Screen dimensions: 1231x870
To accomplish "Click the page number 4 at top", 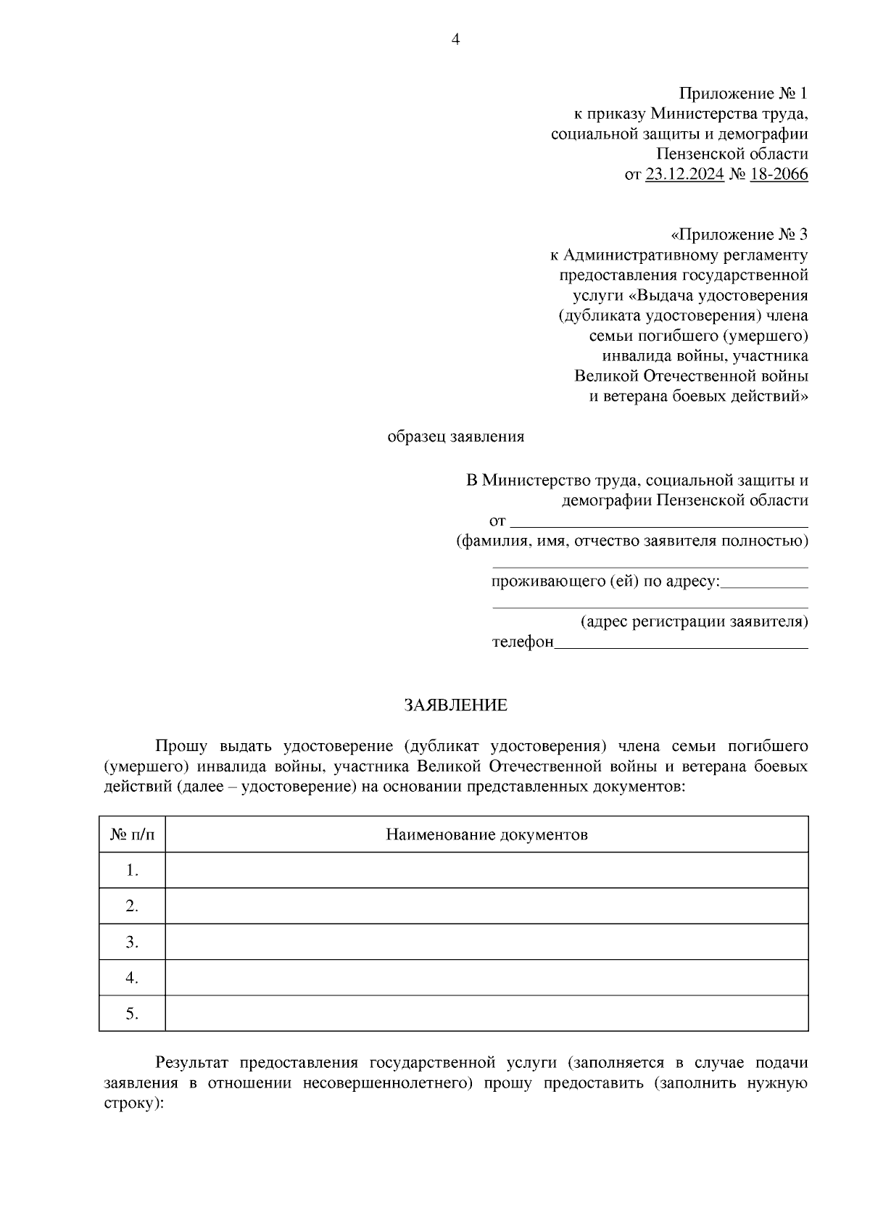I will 455,40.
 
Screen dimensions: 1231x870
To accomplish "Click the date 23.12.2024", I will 684,175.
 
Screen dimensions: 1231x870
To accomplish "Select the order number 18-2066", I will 779,175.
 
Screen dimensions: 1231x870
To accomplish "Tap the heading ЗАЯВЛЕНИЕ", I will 455,705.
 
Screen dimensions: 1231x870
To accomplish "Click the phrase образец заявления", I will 455,437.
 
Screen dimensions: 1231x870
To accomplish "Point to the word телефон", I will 523,642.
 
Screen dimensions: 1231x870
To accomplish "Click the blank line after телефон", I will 681,644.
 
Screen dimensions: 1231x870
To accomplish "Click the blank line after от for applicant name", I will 660,523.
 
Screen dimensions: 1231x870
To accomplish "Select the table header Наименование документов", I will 486,834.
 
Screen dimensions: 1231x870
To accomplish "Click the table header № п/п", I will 132,834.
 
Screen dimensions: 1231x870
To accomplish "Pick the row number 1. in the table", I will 132,870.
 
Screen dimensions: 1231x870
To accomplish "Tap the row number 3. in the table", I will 132,942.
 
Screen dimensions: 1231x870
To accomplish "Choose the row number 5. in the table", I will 132,1014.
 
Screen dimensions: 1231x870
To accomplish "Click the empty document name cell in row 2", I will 486,906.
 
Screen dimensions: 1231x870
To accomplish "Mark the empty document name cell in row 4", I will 486,978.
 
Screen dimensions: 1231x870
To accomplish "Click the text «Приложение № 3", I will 739,235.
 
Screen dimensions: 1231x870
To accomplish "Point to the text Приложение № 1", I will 742,94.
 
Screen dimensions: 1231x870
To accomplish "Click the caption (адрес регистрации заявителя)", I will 694,622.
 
